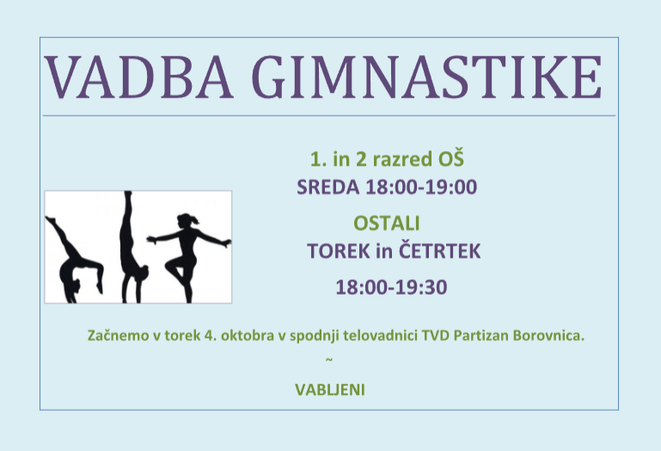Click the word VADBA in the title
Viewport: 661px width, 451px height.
click(x=138, y=77)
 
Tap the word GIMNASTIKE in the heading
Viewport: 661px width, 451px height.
click(x=427, y=77)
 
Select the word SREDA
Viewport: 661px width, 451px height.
click(x=328, y=187)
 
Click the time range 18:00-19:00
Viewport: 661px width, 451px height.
click(x=421, y=187)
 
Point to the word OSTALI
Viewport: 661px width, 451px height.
click(x=387, y=223)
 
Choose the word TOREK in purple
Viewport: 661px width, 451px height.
click(x=339, y=251)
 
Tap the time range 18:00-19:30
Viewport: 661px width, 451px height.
click(x=391, y=288)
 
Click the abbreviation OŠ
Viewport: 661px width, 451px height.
click(x=451, y=158)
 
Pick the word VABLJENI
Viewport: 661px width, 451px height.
click(x=330, y=390)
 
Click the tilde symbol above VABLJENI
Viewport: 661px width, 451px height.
click(x=329, y=360)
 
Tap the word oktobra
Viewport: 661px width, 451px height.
click(x=248, y=336)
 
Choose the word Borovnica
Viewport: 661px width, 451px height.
click(x=548, y=336)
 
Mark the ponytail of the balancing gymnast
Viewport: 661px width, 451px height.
click(x=195, y=220)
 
